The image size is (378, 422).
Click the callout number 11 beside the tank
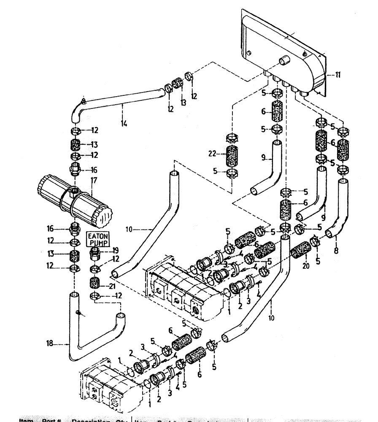pyautogui.click(x=338, y=75)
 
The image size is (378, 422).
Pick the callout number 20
pyautogui.click(x=305, y=266)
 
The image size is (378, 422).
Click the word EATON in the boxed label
pyautogui.click(x=98, y=237)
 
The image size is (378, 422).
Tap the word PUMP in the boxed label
pyautogui.click(x=98, y=243)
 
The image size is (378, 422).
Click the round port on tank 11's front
pyautogui.click(x=282, y=62)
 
